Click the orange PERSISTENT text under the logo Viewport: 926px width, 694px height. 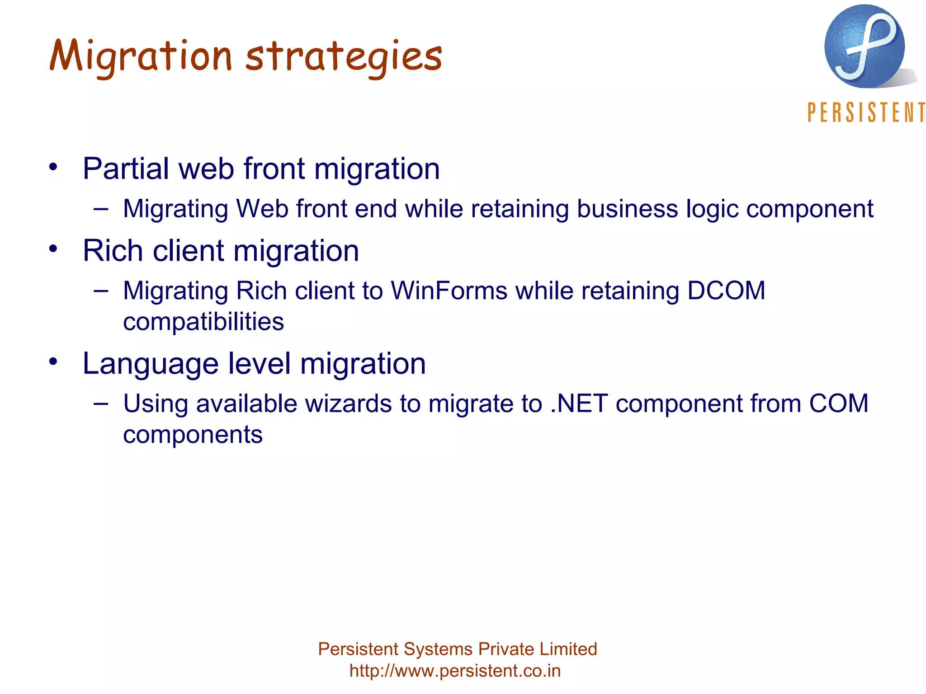tap(866, 113)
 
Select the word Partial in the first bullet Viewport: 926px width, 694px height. tap(126, 169)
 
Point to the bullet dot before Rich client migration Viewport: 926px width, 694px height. tap(54, 249)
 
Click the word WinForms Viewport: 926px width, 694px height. tap(449, 291)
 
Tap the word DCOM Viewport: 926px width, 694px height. tap(726, 291)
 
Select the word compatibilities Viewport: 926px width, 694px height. tap(203, 322)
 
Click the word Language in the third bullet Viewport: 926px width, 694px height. tap(150, 364)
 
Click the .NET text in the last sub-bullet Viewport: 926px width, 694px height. tap(579, 403)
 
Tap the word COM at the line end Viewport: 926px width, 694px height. tap(838, 403)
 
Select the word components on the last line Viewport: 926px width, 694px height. tap(193, 435)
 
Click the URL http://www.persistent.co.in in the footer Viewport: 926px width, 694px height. tap(455, 671)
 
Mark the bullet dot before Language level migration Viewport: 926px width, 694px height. tap(54, 362)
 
